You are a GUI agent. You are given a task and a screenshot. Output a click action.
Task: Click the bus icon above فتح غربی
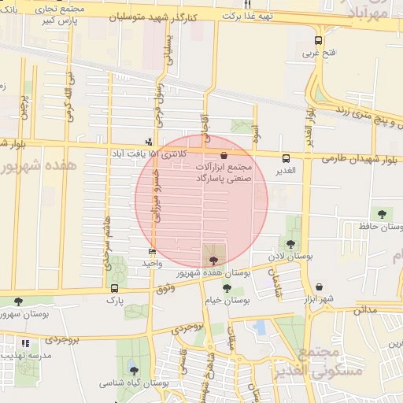click(318, 41)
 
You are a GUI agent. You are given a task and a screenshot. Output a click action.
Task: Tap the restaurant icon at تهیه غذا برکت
click(246, 4)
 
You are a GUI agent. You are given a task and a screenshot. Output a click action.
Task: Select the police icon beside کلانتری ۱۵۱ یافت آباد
click(150, 142)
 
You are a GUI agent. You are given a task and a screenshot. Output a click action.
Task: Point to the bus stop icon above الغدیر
click(286, 157)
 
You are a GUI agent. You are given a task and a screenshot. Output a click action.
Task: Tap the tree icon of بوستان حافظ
click(382, 213)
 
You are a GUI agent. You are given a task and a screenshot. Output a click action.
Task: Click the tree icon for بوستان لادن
click(291, 244)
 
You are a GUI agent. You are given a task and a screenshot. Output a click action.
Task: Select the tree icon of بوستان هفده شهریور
click(213, 259)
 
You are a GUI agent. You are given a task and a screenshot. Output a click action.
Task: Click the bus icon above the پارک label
click(115, 288)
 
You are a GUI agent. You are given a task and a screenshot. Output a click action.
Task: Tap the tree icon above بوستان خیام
click(227, 288)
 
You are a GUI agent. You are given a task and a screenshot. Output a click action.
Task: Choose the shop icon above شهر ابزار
click(319, 287)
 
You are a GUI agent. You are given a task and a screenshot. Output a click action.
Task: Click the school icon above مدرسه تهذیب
click(25, 344)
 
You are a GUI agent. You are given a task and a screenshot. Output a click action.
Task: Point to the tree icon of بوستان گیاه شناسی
click(132, 371)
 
